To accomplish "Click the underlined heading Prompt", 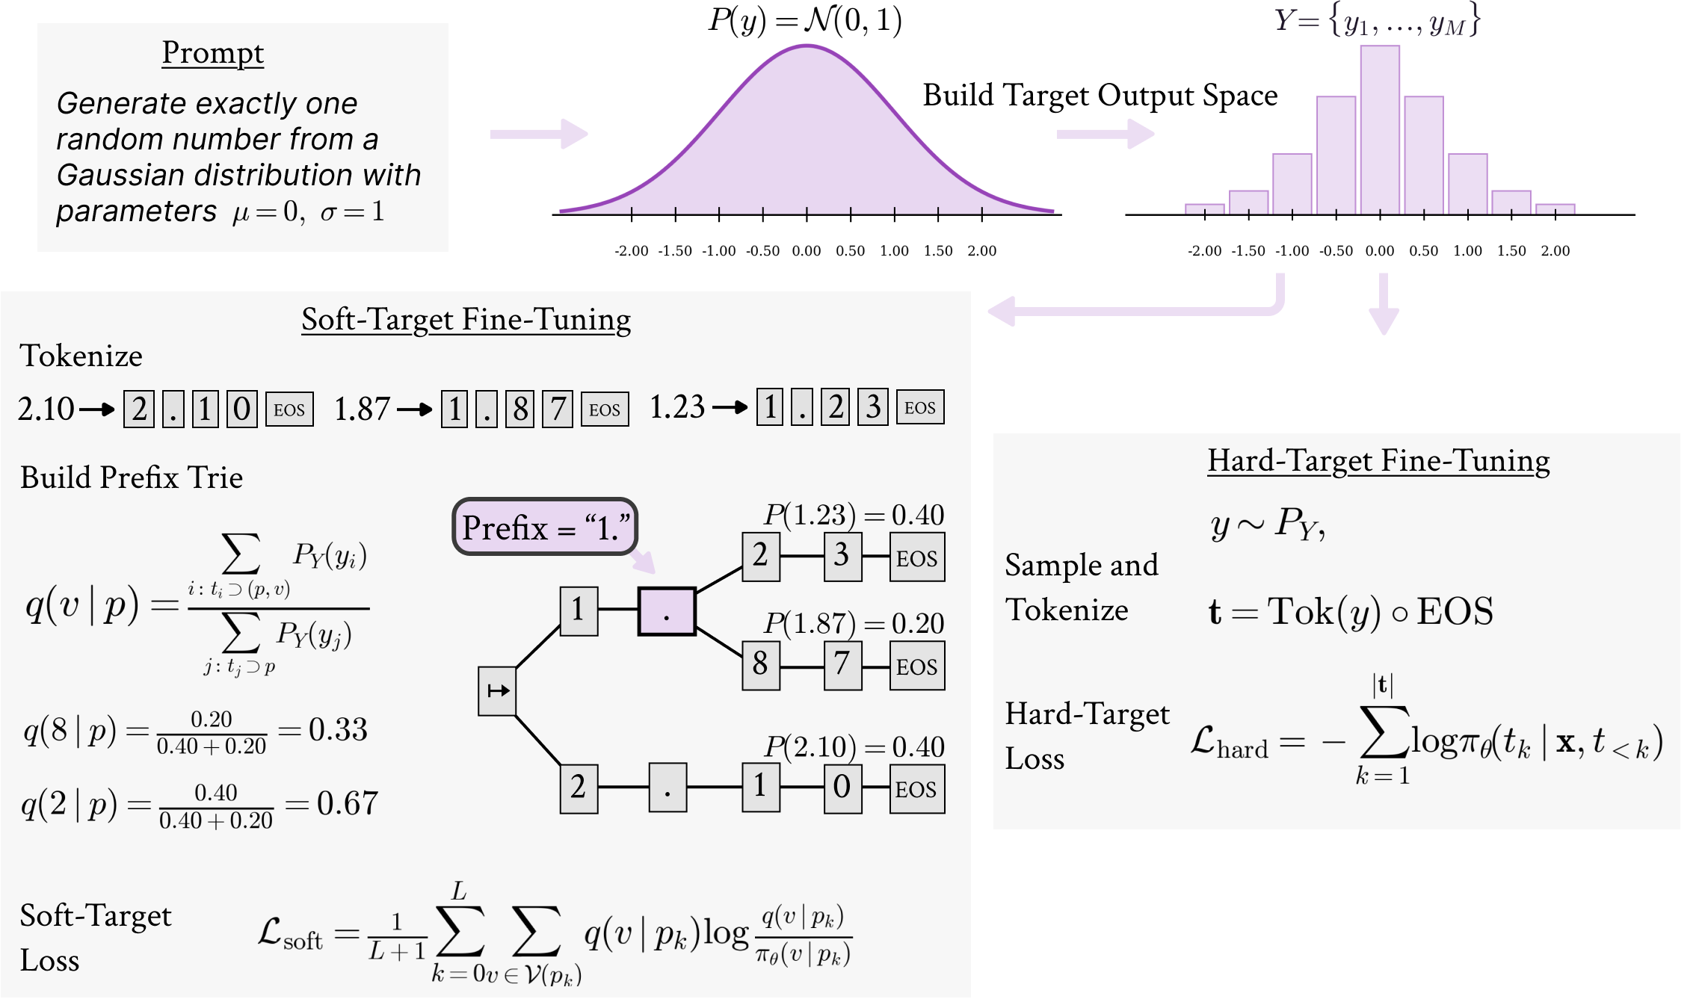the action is point(213,54).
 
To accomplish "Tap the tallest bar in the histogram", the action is point(1380,130).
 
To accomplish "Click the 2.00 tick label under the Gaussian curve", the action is point(982,251).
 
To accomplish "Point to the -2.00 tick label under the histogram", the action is point(1204,251).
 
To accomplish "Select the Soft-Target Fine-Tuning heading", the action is point(466,321).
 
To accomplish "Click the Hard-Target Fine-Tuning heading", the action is point(1379,462).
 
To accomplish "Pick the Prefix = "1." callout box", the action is point(545,527).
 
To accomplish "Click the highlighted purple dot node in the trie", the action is point(667,612).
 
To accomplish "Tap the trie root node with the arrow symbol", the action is point(497,691).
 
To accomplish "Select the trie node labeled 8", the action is point(761,665).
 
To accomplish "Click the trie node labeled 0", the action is point(842,788).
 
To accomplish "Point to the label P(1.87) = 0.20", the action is point(854,623).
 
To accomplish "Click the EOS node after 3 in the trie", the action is point(917,557).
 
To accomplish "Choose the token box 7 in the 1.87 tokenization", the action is point(558,409).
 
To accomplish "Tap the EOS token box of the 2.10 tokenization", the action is point(289,409).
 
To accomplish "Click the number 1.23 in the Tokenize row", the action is point(677,408).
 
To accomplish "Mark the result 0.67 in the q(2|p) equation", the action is point(348,804).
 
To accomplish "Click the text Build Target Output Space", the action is point(1100,96).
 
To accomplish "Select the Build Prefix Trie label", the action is point(132,478).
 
